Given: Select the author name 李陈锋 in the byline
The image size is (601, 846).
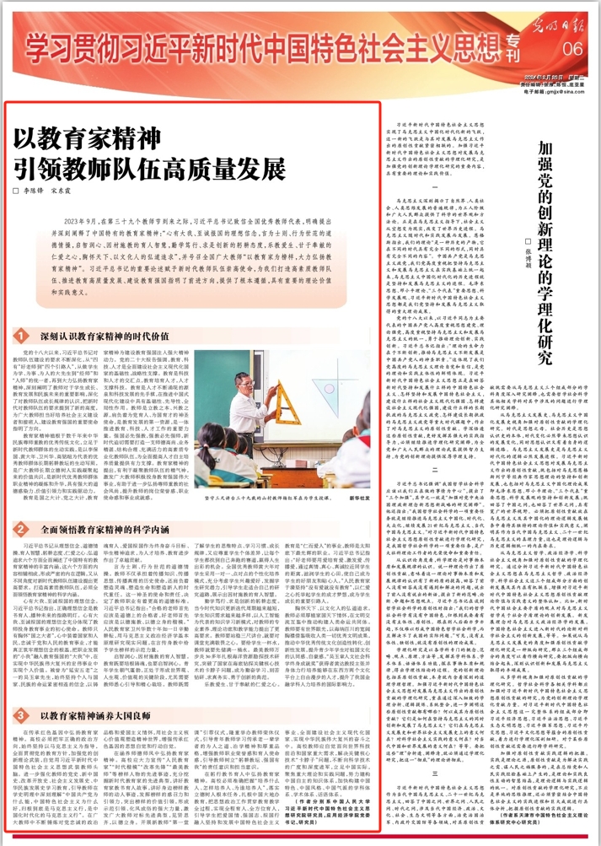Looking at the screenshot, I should (33, 191).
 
